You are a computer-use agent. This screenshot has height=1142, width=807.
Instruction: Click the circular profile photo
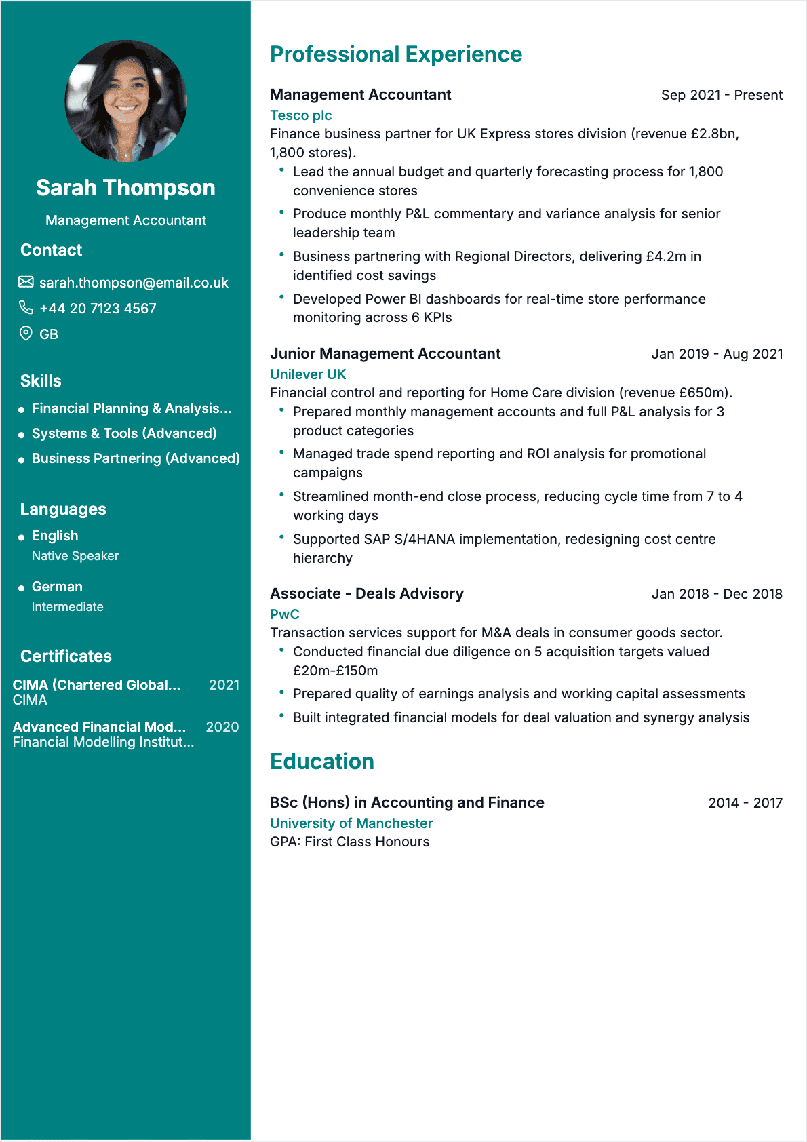125,101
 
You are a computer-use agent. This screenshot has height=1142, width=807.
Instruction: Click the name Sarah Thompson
125,188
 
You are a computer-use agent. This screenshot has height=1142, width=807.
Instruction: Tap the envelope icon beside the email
26,282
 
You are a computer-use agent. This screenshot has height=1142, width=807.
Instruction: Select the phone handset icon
26,308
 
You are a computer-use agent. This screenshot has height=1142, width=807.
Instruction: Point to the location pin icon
26,333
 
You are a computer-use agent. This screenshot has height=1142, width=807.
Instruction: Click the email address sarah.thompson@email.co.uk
134,283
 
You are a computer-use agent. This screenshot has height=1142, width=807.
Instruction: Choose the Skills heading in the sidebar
41,381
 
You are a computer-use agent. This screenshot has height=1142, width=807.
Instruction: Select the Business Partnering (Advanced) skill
136,458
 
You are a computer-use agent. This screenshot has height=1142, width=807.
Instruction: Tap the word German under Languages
57,587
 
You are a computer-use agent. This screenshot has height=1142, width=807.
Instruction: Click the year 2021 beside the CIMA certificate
224,685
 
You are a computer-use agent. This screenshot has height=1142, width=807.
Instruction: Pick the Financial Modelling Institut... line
103,742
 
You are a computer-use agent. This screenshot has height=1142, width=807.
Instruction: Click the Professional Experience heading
396,54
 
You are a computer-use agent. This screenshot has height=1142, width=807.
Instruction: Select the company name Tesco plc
300,115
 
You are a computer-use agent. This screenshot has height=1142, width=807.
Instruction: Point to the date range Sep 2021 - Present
722,95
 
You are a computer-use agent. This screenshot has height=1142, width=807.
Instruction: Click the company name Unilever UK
308,374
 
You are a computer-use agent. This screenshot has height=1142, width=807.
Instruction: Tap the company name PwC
285,614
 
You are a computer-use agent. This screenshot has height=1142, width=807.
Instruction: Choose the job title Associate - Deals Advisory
367,594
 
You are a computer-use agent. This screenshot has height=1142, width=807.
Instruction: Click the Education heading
322,762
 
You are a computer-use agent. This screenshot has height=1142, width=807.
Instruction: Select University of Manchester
351,823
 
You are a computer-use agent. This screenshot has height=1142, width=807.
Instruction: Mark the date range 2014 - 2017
745,803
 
